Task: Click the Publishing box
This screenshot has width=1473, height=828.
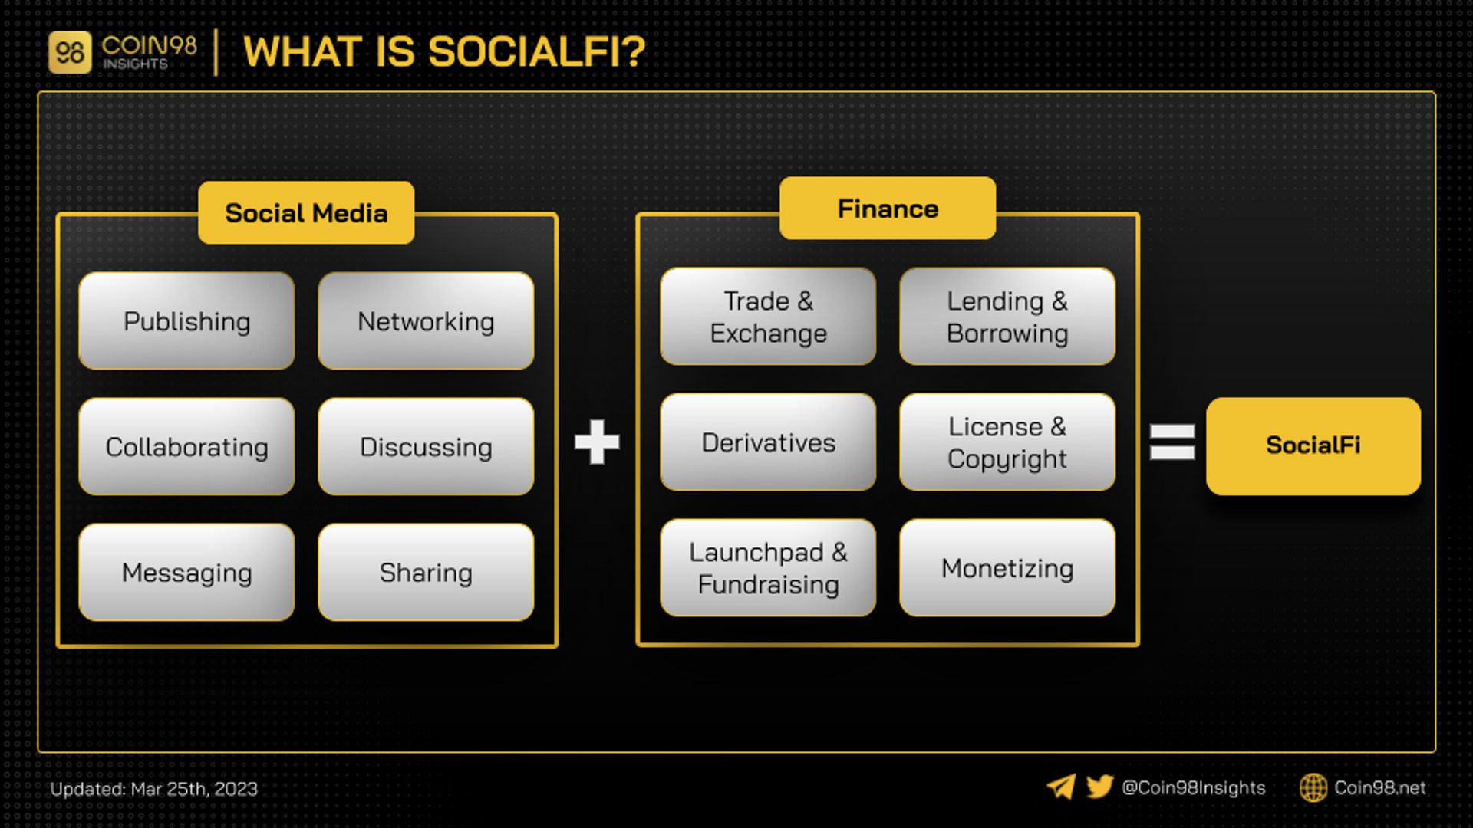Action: click(186, 320)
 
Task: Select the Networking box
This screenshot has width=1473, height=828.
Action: click(426, 320)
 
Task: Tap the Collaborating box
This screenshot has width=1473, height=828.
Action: click(186, 446)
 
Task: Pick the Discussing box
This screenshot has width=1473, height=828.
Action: click(426, 446)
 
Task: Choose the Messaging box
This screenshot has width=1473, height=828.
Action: click(186, 572)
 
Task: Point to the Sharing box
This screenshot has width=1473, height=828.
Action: click(426, 572)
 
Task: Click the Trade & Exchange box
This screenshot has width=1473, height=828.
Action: click(768, 316)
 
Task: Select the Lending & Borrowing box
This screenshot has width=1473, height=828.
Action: click(1007, 316)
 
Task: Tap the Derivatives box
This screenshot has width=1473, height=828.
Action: click(768, 442)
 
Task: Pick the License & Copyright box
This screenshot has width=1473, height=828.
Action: click(1007, 442)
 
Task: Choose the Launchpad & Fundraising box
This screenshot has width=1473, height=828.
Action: click(768, 567)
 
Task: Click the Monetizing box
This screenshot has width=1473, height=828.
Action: click(1007, 567)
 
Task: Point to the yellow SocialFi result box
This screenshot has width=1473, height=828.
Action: click(1313, 445)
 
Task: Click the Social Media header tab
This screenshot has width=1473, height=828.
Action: click(306, 212)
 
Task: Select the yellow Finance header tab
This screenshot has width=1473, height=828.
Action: click(888, 208)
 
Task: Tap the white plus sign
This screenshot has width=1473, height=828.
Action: click(597, 442)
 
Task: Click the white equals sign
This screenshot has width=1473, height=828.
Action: click(1172, 442)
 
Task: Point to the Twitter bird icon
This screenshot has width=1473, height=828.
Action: click(1099, 787)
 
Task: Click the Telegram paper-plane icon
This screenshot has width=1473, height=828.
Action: click(1061, 787)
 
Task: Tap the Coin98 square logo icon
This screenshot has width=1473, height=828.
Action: click(70, 52)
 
